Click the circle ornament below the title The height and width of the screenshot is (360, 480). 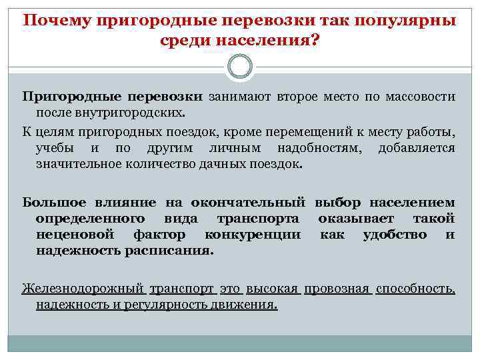[x=240, y=67]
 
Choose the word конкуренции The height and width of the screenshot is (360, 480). [x=253, y=235]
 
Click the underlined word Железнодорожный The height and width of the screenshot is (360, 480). [x=83, y=289]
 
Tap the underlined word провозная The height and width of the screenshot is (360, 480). [x=336, y=289]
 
